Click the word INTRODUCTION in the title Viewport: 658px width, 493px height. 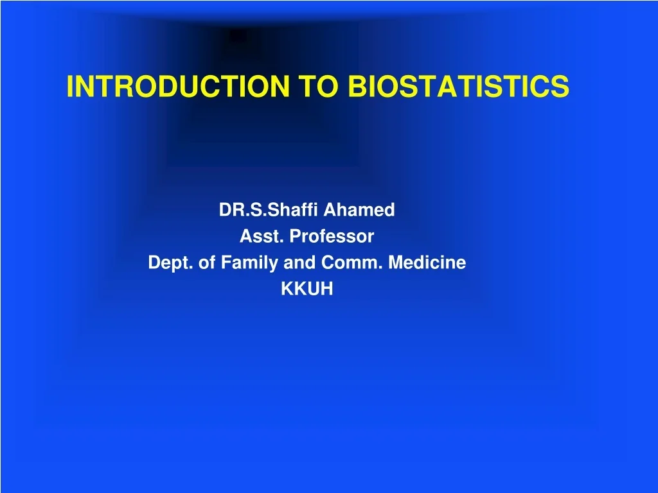coord(177,86)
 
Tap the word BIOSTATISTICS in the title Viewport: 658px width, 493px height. coord(458,86)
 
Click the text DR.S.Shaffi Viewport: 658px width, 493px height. coord(269,210)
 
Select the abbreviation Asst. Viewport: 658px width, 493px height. coord(262,237)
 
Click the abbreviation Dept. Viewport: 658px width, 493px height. coord(171,263)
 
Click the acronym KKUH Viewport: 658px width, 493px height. coord(307,290)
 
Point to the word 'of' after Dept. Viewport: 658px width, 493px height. coord(206,263)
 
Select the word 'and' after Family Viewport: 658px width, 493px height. coord(293,263)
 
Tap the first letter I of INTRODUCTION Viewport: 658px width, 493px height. coord(69,86)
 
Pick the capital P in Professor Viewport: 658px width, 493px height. coord(294,237)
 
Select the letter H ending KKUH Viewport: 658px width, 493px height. coord(328,290)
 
